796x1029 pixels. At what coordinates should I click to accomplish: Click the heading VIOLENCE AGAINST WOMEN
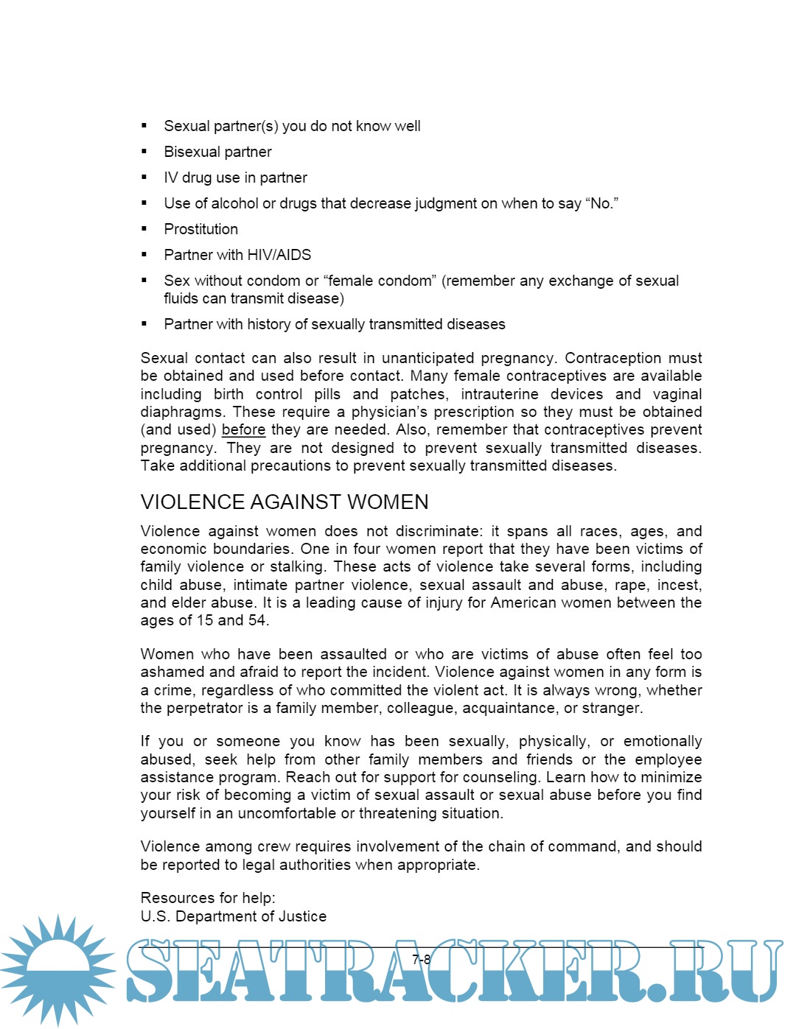tap(284, 502)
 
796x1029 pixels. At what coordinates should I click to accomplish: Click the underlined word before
tap(243, 430)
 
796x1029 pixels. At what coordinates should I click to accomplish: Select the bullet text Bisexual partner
tap(217, 152)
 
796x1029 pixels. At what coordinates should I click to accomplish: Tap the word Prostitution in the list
tap(200, 229)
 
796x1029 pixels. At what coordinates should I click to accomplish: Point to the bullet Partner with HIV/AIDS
tap(237, 255)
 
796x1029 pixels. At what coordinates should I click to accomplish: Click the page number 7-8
tap(422, 959)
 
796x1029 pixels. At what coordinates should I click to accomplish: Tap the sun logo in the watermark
tap(57, 970)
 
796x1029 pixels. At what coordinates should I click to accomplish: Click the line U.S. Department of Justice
tap(233, 916)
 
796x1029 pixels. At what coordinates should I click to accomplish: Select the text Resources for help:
tap(208, 898)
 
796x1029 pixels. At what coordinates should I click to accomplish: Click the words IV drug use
tap(202, 178)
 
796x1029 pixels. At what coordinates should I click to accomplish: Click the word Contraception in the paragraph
tap(613, 358)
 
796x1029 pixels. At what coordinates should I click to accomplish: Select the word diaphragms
tap(183, 412)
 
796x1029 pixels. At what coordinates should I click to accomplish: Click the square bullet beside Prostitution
tap(144, 229)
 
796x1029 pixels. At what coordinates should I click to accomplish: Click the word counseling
tap(508, 778)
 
